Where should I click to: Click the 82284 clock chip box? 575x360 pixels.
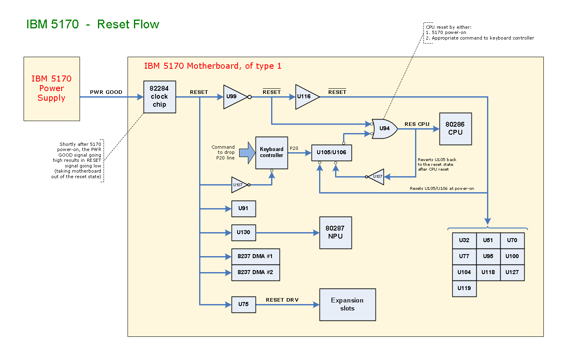160,97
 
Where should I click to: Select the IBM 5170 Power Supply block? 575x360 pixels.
52,89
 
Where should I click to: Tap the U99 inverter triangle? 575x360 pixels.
234,97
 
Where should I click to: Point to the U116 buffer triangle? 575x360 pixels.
305,97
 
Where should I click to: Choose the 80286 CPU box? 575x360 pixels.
455,129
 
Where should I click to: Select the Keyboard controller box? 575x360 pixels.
272,153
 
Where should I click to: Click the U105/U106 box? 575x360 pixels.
331,153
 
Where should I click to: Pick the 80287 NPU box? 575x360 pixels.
335,233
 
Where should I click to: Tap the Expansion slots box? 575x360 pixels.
347,304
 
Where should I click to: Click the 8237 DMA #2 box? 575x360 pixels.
256,272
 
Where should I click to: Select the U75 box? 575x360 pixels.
244,304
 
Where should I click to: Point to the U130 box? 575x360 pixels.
244,233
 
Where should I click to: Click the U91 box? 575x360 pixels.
244,209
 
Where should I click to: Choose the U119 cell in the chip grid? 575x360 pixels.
464,288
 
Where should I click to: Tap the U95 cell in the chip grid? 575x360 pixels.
488,257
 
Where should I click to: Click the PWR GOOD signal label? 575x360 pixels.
106,92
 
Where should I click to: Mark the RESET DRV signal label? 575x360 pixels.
282,300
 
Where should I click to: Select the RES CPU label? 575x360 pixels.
417,124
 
